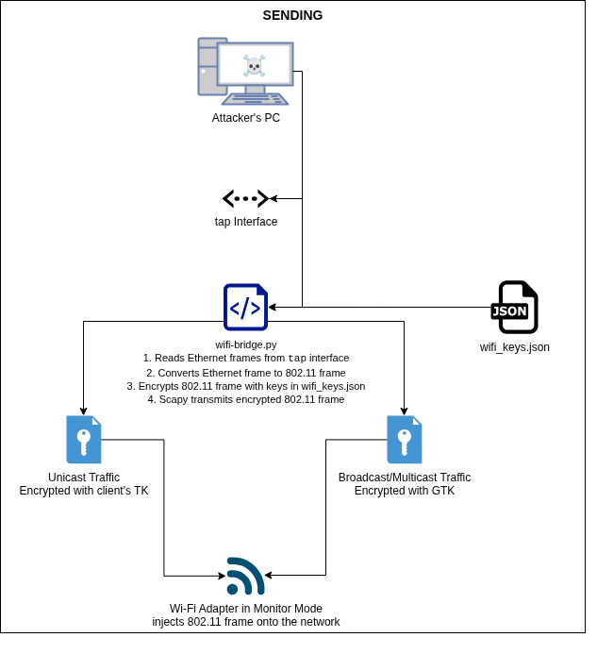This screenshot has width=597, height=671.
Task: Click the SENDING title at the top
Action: click(292, 15)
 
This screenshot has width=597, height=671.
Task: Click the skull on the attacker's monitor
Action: click(254, 65)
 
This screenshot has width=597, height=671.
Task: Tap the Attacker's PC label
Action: click(245, 118)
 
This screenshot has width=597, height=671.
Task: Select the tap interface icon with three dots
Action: click(245, 198)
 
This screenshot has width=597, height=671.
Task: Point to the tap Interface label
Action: click(246, 222)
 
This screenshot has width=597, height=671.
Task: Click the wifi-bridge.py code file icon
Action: click(245, 307)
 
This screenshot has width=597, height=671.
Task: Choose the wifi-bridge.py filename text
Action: click(245, 344)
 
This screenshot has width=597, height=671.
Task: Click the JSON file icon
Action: click(515, 308)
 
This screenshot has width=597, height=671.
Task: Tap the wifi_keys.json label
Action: click(514, 347)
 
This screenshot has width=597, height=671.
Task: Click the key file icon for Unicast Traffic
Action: click(84, 439)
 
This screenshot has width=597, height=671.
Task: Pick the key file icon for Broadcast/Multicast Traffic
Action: click(405, 439)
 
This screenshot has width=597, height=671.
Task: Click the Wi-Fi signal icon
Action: click(245, 576)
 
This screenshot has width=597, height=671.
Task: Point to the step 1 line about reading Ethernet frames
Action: click(246, 359)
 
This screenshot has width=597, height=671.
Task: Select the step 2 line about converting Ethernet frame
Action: click(246, 373)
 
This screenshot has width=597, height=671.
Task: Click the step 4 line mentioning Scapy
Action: click(246, 399)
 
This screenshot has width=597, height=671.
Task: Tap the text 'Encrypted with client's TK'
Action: click(84, 491)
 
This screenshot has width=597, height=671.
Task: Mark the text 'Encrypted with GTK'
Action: click(405, 491)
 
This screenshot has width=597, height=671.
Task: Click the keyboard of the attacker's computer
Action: click(256, 98)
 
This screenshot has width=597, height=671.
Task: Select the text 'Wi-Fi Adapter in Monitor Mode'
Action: click(246, 609)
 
